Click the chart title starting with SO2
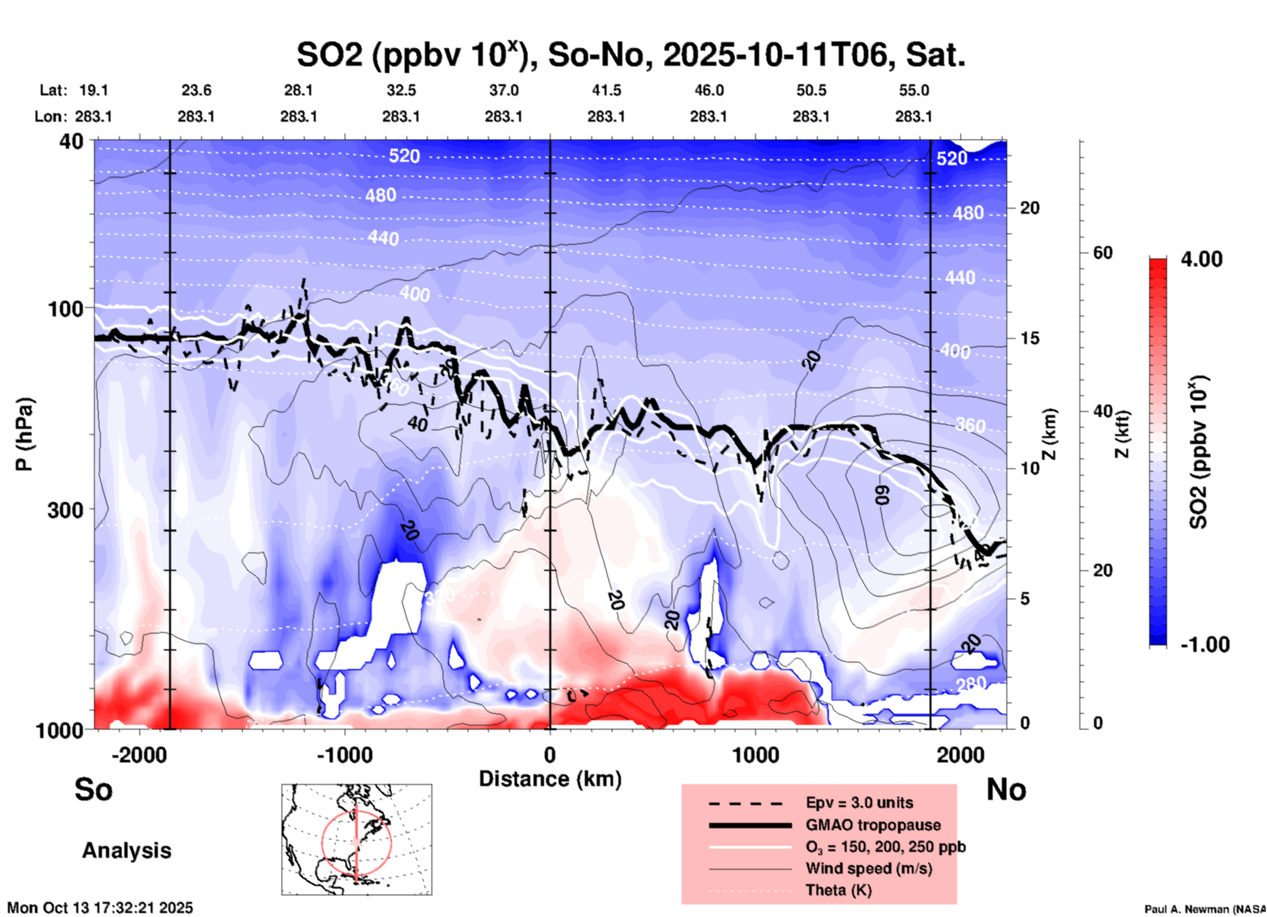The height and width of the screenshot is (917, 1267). tap(630, 55)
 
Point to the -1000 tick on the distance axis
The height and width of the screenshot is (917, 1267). tap(344, 755)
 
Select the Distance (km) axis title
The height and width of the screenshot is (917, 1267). tap(550, 779)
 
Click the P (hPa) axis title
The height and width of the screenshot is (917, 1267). tap(24, 434)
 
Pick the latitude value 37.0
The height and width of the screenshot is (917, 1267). tap(504, 90)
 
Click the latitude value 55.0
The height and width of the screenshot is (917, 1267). tap(914, 90)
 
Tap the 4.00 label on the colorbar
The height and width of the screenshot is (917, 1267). tap(1201, 259)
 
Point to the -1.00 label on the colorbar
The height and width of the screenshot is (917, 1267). tap(1205, 644)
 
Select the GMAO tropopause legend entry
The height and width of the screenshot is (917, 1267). tap(873, 825)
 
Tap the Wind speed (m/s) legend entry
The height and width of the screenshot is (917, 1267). tap(868, 869)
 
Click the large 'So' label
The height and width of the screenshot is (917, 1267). tap(93, 789)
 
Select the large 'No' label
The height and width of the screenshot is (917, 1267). tap(1006, 789)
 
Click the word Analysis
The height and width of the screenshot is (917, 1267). tap(126, 851)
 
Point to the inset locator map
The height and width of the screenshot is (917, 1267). tap(357, 839)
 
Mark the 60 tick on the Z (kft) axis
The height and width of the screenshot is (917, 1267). tap(1103, 253)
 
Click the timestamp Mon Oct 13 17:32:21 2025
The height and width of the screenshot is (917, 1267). tap(100, 908)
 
